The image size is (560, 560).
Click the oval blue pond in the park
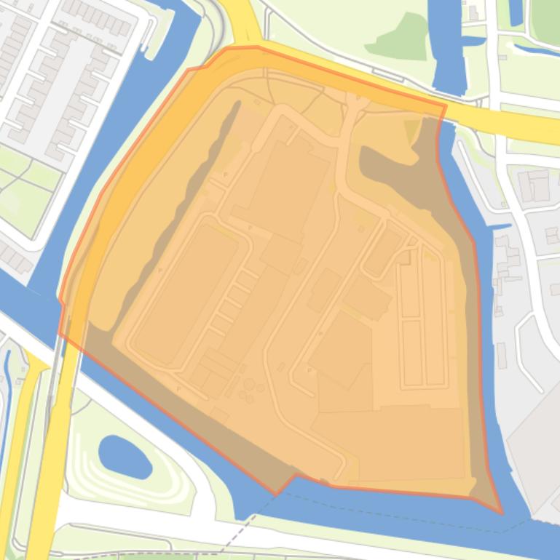click(125, 456)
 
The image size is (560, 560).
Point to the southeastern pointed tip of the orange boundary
click(502, 513)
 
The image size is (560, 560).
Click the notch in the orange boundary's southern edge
click(294, 477)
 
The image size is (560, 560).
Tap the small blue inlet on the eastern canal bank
click(501, 228)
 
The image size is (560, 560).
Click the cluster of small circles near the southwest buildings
click(251, 391)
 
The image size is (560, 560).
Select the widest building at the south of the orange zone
click(390, 441)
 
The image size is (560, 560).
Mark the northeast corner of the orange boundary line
click(446, 106)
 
